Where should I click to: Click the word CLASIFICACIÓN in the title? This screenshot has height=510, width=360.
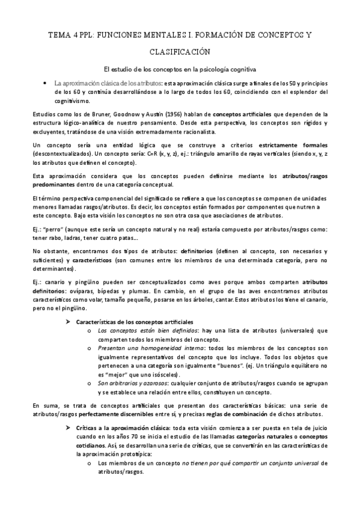coord(180,52)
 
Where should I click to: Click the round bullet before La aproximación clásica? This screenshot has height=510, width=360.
coord(46,82)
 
